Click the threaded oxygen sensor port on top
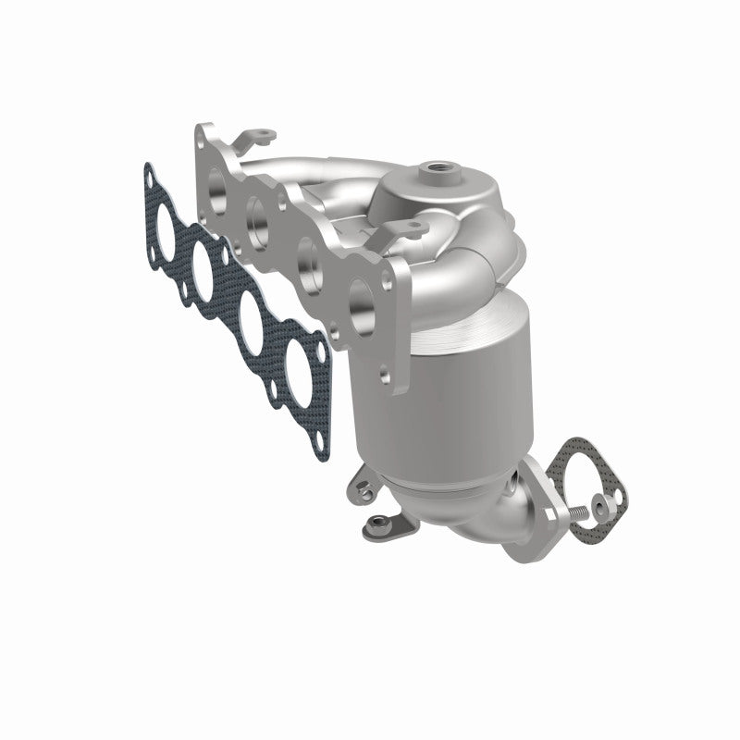(433, 169)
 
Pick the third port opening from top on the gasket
(251, 313)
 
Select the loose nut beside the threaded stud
(603, 504)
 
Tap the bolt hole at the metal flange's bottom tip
(382, 376)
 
